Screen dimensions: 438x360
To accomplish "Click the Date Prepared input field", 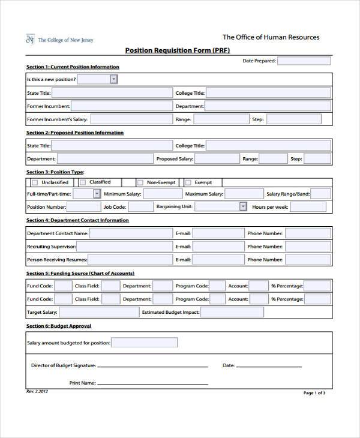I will (304, 61).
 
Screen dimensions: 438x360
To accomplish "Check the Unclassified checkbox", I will (35, 182).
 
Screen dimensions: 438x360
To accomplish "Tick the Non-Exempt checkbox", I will (140, 182).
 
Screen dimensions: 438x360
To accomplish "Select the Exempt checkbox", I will (188, 182).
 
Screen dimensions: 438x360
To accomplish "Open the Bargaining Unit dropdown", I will (243, 206).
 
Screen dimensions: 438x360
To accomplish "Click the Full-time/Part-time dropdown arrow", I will (97, 194).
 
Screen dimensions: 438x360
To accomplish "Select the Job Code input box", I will (141, 206).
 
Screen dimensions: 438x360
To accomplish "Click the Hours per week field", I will (308, 206).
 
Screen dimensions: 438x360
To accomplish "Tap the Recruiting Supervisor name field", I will (122, 247).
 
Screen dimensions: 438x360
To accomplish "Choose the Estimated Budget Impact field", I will (232, 312).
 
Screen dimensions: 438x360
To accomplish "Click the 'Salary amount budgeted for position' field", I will (145, 343).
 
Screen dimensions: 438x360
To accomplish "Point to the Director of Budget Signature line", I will (152, 365).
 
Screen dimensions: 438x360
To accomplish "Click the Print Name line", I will (152, 383).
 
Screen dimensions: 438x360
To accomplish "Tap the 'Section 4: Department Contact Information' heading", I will (77, 220).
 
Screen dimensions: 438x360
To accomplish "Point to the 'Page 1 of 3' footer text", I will (314, 393).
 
